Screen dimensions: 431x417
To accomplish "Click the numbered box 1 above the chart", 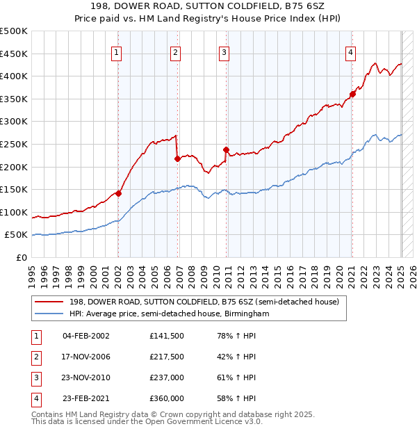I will click(116, 52).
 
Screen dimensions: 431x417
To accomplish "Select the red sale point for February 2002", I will click(118, 193).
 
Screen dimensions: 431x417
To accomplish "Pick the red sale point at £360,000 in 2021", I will click(352, 95).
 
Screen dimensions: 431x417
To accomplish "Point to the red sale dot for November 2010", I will click(227, 149).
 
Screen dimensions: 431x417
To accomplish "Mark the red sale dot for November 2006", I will click(177, 158).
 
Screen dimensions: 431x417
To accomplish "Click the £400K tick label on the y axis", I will click(14, 76).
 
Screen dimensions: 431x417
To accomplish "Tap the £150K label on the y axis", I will click(14, 189).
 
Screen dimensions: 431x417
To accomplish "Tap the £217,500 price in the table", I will click(167, 357).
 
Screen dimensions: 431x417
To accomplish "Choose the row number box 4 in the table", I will click(35, 398).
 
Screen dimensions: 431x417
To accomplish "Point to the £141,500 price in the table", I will click(167, 336).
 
